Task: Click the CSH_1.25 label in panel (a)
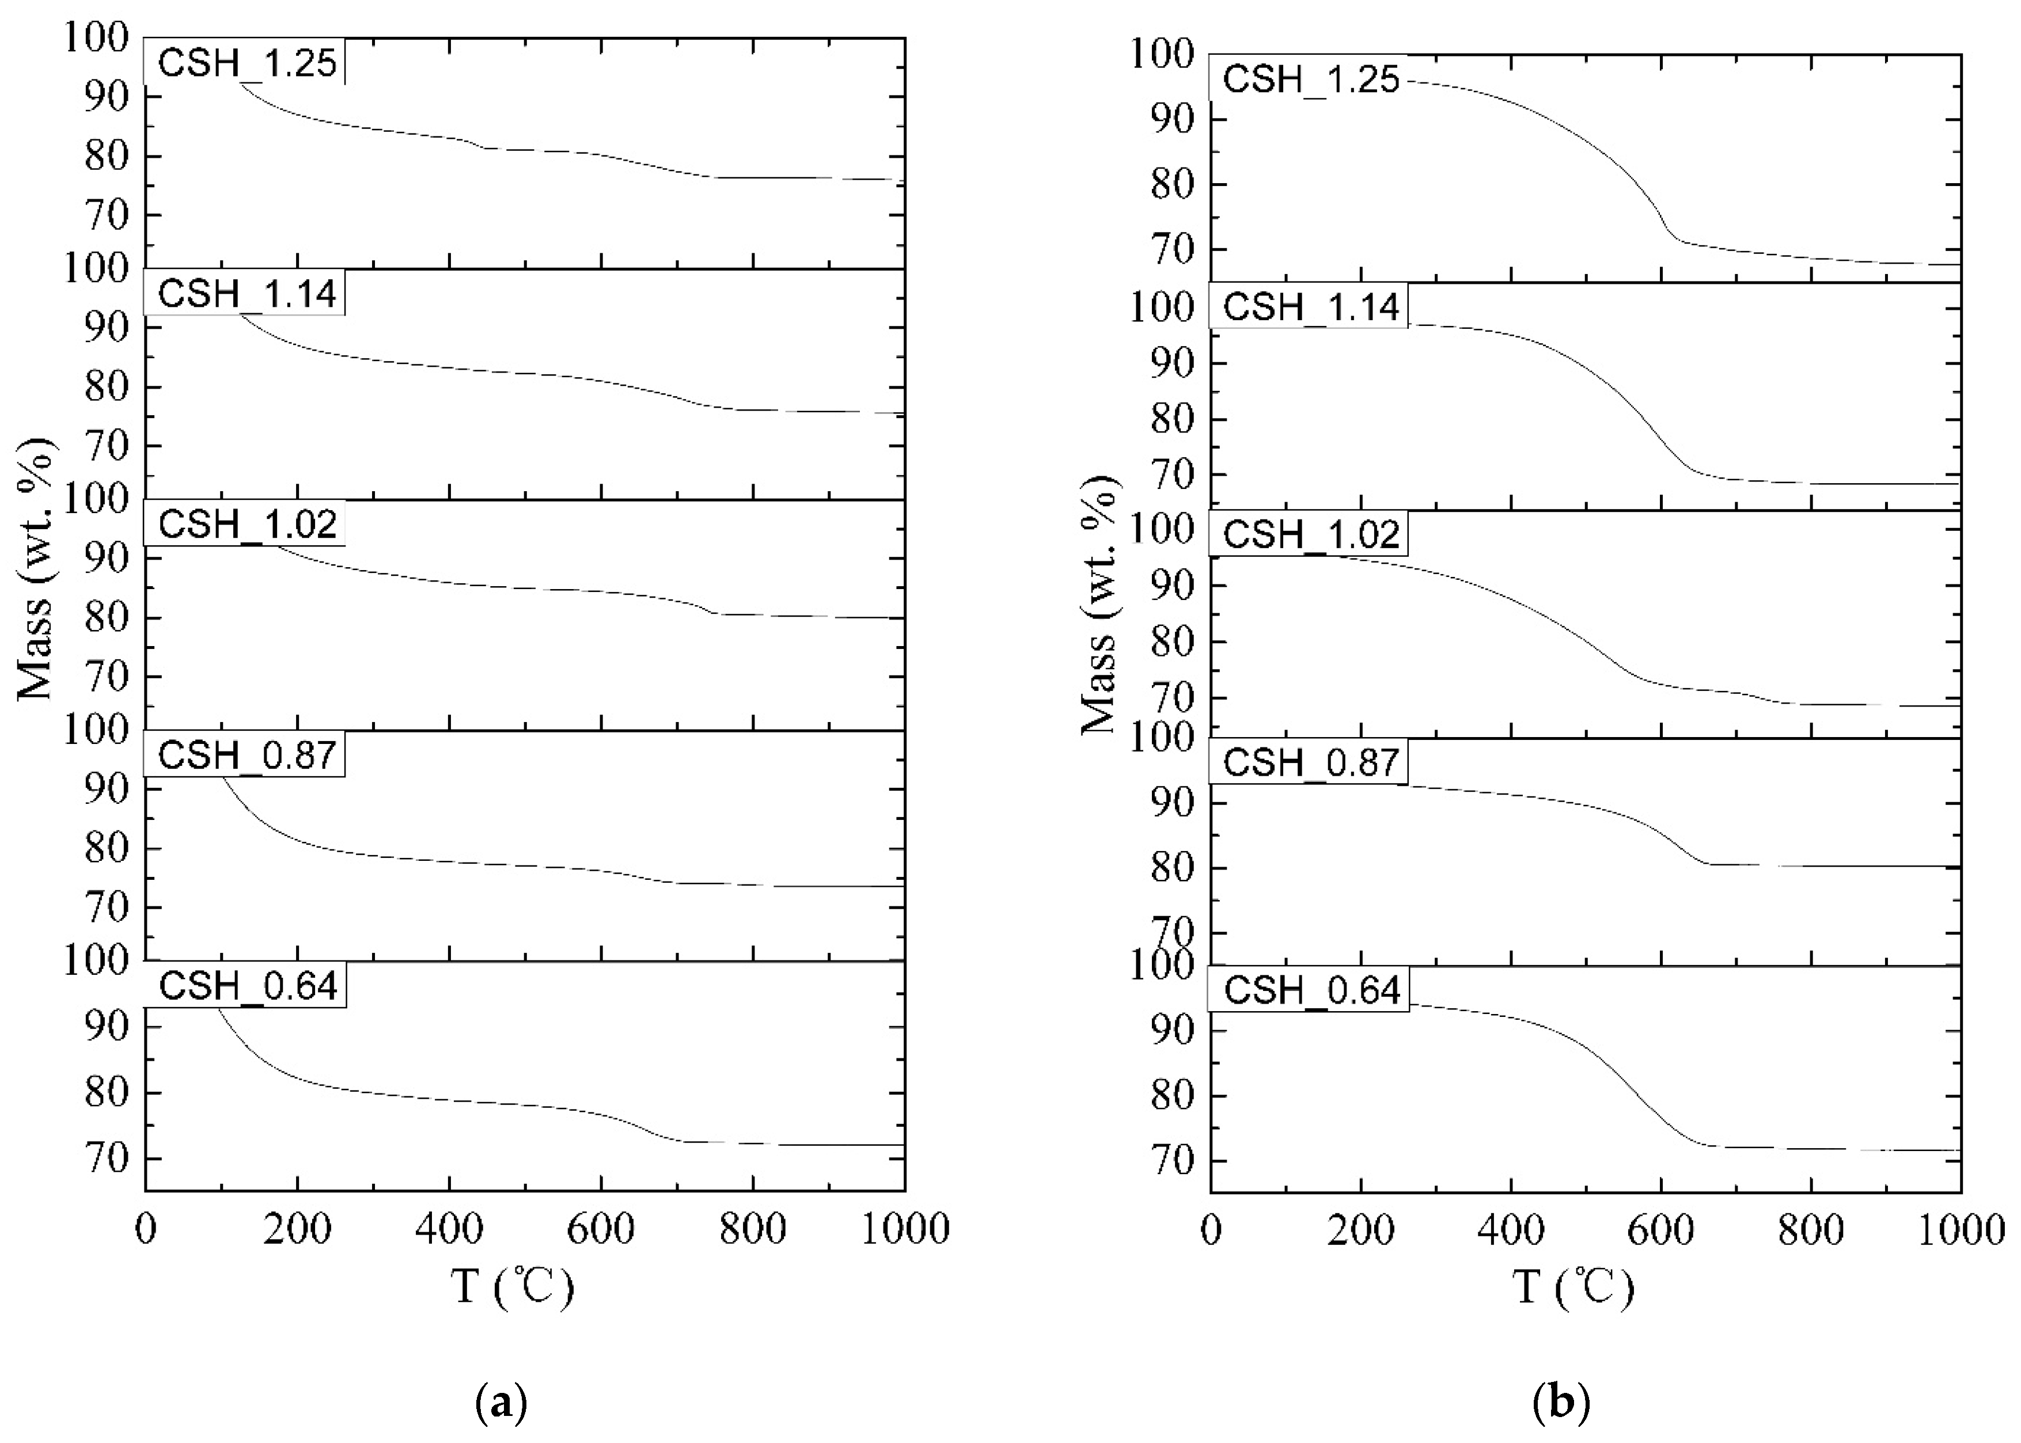[246, 64]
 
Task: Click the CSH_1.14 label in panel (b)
[1311, 307]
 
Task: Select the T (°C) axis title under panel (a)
[513, 1286]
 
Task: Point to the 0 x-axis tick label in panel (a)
[146, 1231]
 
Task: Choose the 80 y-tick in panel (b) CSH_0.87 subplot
[1172, 867]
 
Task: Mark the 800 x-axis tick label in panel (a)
[753, 1231]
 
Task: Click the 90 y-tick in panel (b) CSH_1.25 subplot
[1172, 119]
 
